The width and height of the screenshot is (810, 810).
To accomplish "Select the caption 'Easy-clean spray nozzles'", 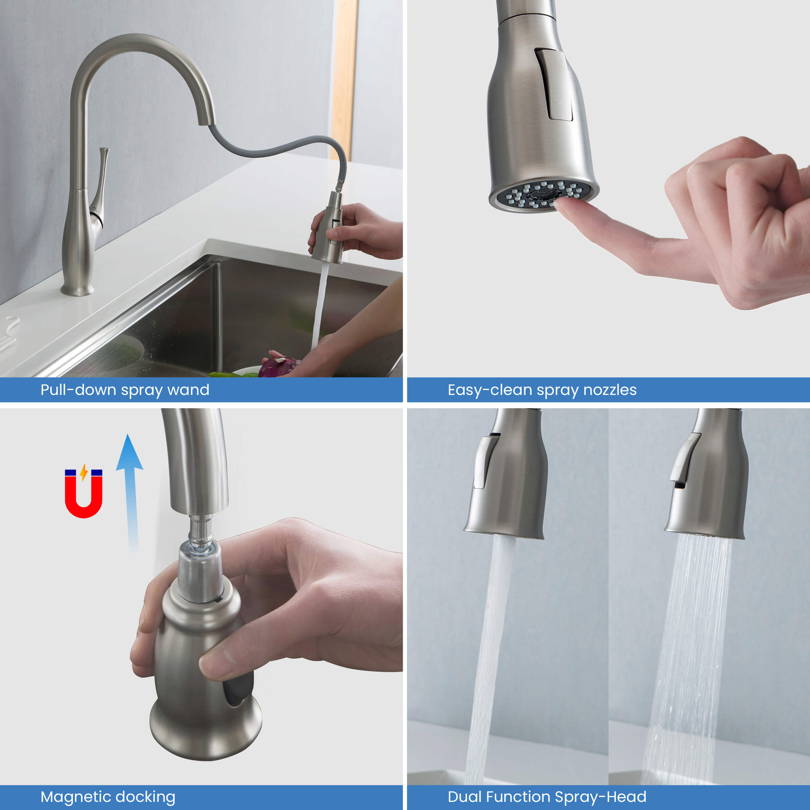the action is point(542,390).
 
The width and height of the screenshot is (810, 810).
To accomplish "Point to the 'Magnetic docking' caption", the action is point(108,797).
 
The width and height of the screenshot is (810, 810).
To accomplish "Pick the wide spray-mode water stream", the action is point(688,660).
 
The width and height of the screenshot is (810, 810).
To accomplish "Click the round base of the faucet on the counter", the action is point(77,289).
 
